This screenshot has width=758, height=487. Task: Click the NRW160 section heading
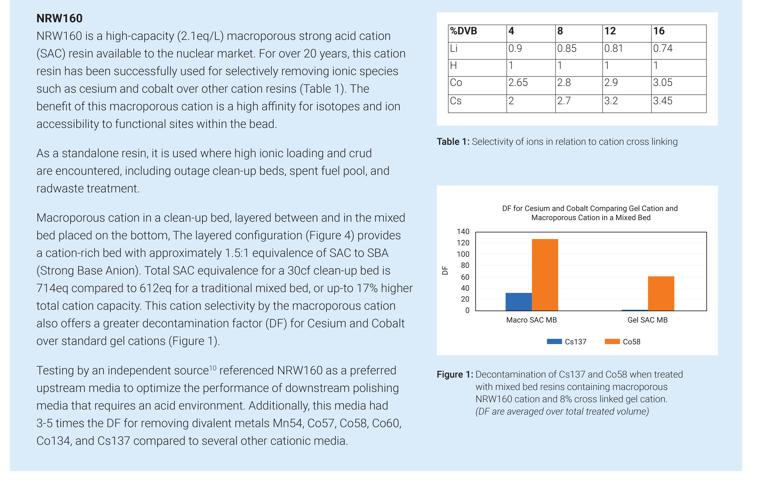59,18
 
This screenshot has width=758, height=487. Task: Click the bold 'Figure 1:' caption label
455,374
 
